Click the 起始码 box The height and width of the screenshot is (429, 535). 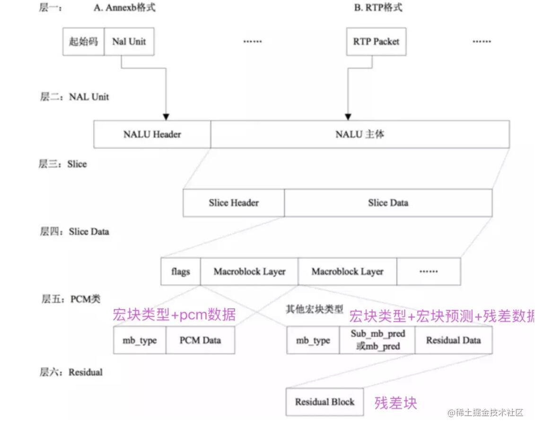coord(84,42)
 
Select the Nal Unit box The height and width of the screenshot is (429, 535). coord(129,42)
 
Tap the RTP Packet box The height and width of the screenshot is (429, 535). coord(377,42)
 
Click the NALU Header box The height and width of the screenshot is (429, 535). coord(152,134)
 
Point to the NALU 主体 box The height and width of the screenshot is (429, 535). coord(360,134)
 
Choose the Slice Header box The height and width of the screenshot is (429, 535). coord(234,203)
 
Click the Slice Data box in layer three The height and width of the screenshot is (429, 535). coord(388,203)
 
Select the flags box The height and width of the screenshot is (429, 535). coord(181,271)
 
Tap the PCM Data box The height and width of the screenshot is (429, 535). coord(200,340)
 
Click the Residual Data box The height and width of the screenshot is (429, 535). coord(454,340)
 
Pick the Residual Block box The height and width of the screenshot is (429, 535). coord(325,402)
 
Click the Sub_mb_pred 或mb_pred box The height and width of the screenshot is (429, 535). coord(377,340)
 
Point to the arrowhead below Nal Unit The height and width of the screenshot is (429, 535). coord(166,117)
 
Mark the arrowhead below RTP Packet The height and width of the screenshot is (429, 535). coord(348,117)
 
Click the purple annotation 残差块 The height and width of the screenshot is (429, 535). coord(396,403)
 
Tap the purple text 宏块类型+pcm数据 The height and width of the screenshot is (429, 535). coord(174,315)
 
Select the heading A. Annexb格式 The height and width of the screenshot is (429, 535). coord(124,8)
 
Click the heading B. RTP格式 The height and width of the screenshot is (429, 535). coord(378,8)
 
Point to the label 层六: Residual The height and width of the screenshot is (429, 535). coord(71,372)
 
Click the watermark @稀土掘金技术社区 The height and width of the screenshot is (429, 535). coord(485,412)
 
